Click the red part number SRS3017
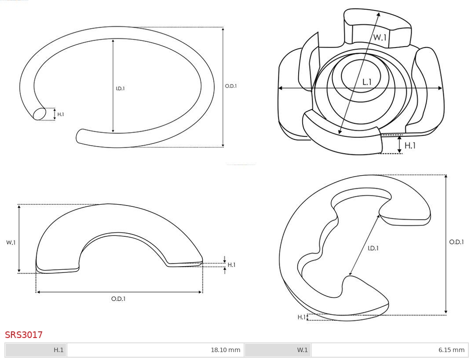[24, 334]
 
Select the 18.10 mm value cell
[155, 350]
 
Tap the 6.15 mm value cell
[390, 350]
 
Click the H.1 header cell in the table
[36, 350]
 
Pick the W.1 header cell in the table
[278, 350]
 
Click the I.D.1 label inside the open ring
[120, 88]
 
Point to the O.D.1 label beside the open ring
[231, 86]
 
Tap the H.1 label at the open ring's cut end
[61, 114]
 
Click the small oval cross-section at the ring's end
[40, 114]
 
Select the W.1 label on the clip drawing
[380, 37]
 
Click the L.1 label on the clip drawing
[367, 82]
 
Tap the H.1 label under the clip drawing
[410, 146]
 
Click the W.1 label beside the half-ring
[11, 242]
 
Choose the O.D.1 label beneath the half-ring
[118, 299]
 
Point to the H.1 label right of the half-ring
[231, 265]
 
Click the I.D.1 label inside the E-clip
[373, 248]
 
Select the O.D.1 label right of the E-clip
[457, 242]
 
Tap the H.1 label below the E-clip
[301, 317]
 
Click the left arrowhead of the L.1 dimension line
[280, 88]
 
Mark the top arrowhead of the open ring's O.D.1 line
[223, 29]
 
